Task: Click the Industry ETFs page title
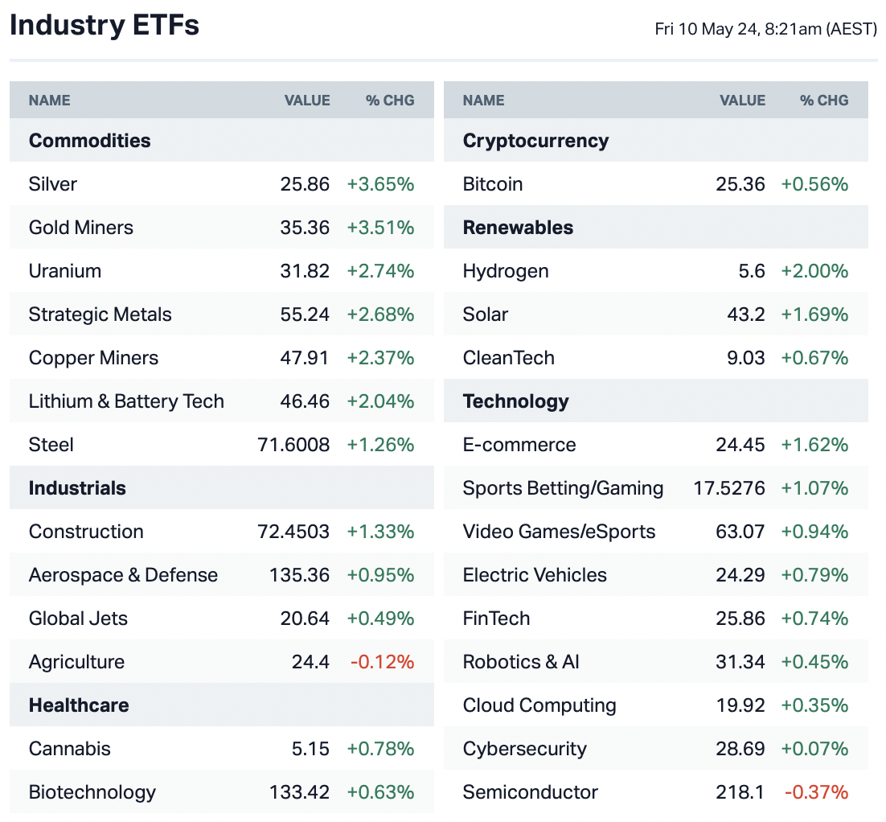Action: pyautogui.click(x=105, y=26)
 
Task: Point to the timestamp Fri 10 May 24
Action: pyautogui.click(x=765, y=30)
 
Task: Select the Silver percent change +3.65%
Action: pyautogui.click(x=380, y=184)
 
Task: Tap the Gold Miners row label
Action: pyautogui.click(x=81, y=228)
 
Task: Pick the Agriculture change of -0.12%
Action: pyautogui.click(x=382, y=662)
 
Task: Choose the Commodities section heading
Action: pyautogui.click(x=90, y=141)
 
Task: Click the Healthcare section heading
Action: pyautogui.click(x=79, y=705)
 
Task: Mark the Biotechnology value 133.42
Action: pyautogui.click(x=299, y=792)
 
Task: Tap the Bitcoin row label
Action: pyautogui.click(x=493, y=184)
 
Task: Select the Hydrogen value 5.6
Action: pyautogui.click(x=752, y=271)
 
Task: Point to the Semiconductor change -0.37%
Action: pyautogui.click(x=816, y=792)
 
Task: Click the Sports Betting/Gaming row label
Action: pyautogui.click(x=563, y=488)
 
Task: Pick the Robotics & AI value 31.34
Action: pyautogui.click(x=740, y=662)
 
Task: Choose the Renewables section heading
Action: pyautogui.click(x=518, y=228)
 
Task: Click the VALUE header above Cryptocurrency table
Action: pyautogui.click(x=742, y=101)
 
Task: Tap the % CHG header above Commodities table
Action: pyautogui.click(x=390, y=101)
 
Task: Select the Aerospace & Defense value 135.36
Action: pyautogui.click(x=299, y=575)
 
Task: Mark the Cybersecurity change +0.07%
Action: pyautogui.click(x=814, y=749)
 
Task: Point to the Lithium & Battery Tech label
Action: pyautogui.click(x=126, y=401)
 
